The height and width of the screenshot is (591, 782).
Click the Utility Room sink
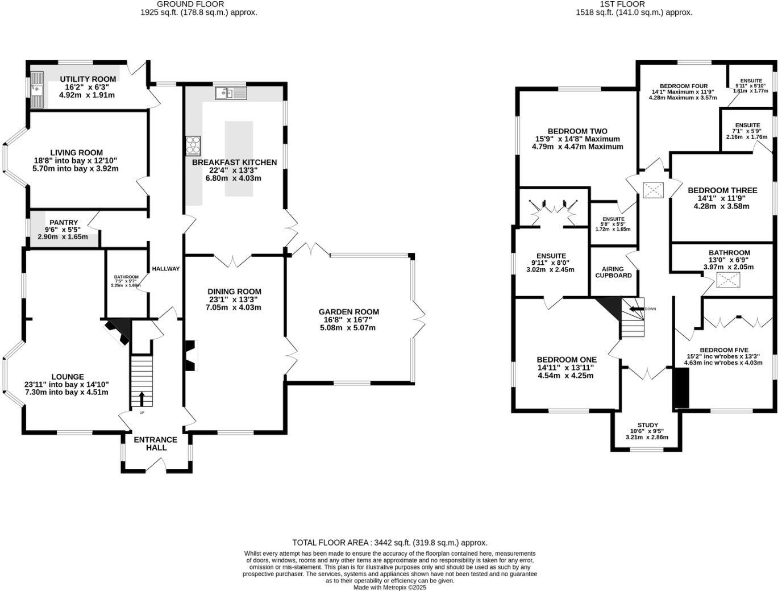pyautogui.click(x=38, y=89)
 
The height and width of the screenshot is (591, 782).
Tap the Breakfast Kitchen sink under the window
pyautogui.click(x=230, y=93)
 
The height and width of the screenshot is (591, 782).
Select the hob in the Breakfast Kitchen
pyautogui.click(x=193, y=145)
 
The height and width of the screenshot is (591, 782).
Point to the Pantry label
pyautogui.click(x=64, y=223)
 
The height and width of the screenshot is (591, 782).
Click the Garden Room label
pyautogui.click(x=348, y=311)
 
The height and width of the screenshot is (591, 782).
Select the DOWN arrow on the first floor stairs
pyautogui.click(x=635, y=309)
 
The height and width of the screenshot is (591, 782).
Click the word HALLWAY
pyautogui.click(x=166, y=269)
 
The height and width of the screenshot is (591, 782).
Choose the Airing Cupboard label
pyautogui.click(x=613, y=272)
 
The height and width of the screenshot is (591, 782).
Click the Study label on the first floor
pyautogui.click(x=647, y=425)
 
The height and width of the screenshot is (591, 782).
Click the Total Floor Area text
pyautogui.click(x=389, y=543)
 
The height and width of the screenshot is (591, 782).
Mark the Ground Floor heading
pyautogui.click(x=198, y=4)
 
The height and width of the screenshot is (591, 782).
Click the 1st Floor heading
pyautogui.click(x=634, y=4)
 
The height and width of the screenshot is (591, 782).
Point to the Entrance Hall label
pyautogui.click(x=156, y=443)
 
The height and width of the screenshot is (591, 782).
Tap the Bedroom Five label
pyautogui.click(x=723, y=350)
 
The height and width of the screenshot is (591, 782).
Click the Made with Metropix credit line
pyautogui.click(x=389, y=588)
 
